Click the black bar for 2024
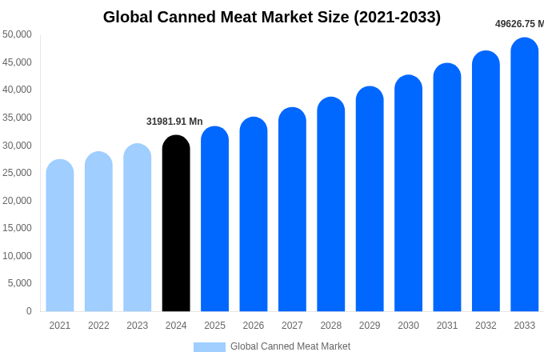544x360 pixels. pos(176,224)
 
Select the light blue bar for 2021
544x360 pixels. pos(60,236)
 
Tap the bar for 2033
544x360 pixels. pos(525,176)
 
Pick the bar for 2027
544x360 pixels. pos(292,210)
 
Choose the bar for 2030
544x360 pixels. pos(408,194)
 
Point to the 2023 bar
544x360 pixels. pos(138,228)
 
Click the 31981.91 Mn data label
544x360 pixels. pos(174,122)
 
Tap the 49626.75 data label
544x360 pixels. pos(519,24)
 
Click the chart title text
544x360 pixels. pos(272,17)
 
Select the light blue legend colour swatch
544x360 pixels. pos(210,347)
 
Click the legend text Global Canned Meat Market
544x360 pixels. pos(290,346)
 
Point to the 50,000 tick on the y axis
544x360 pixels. pos(17,34)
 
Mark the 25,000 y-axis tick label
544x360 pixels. pos(17,173)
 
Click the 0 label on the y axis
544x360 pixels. pos(29,311)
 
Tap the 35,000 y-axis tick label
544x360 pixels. pos(17,118)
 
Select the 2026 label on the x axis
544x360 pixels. pos(254,326)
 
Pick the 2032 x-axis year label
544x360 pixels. pos(486,326)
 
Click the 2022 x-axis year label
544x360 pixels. pos(98,326)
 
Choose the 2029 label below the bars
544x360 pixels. pos(370,326)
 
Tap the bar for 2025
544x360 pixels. pos(214,219)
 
